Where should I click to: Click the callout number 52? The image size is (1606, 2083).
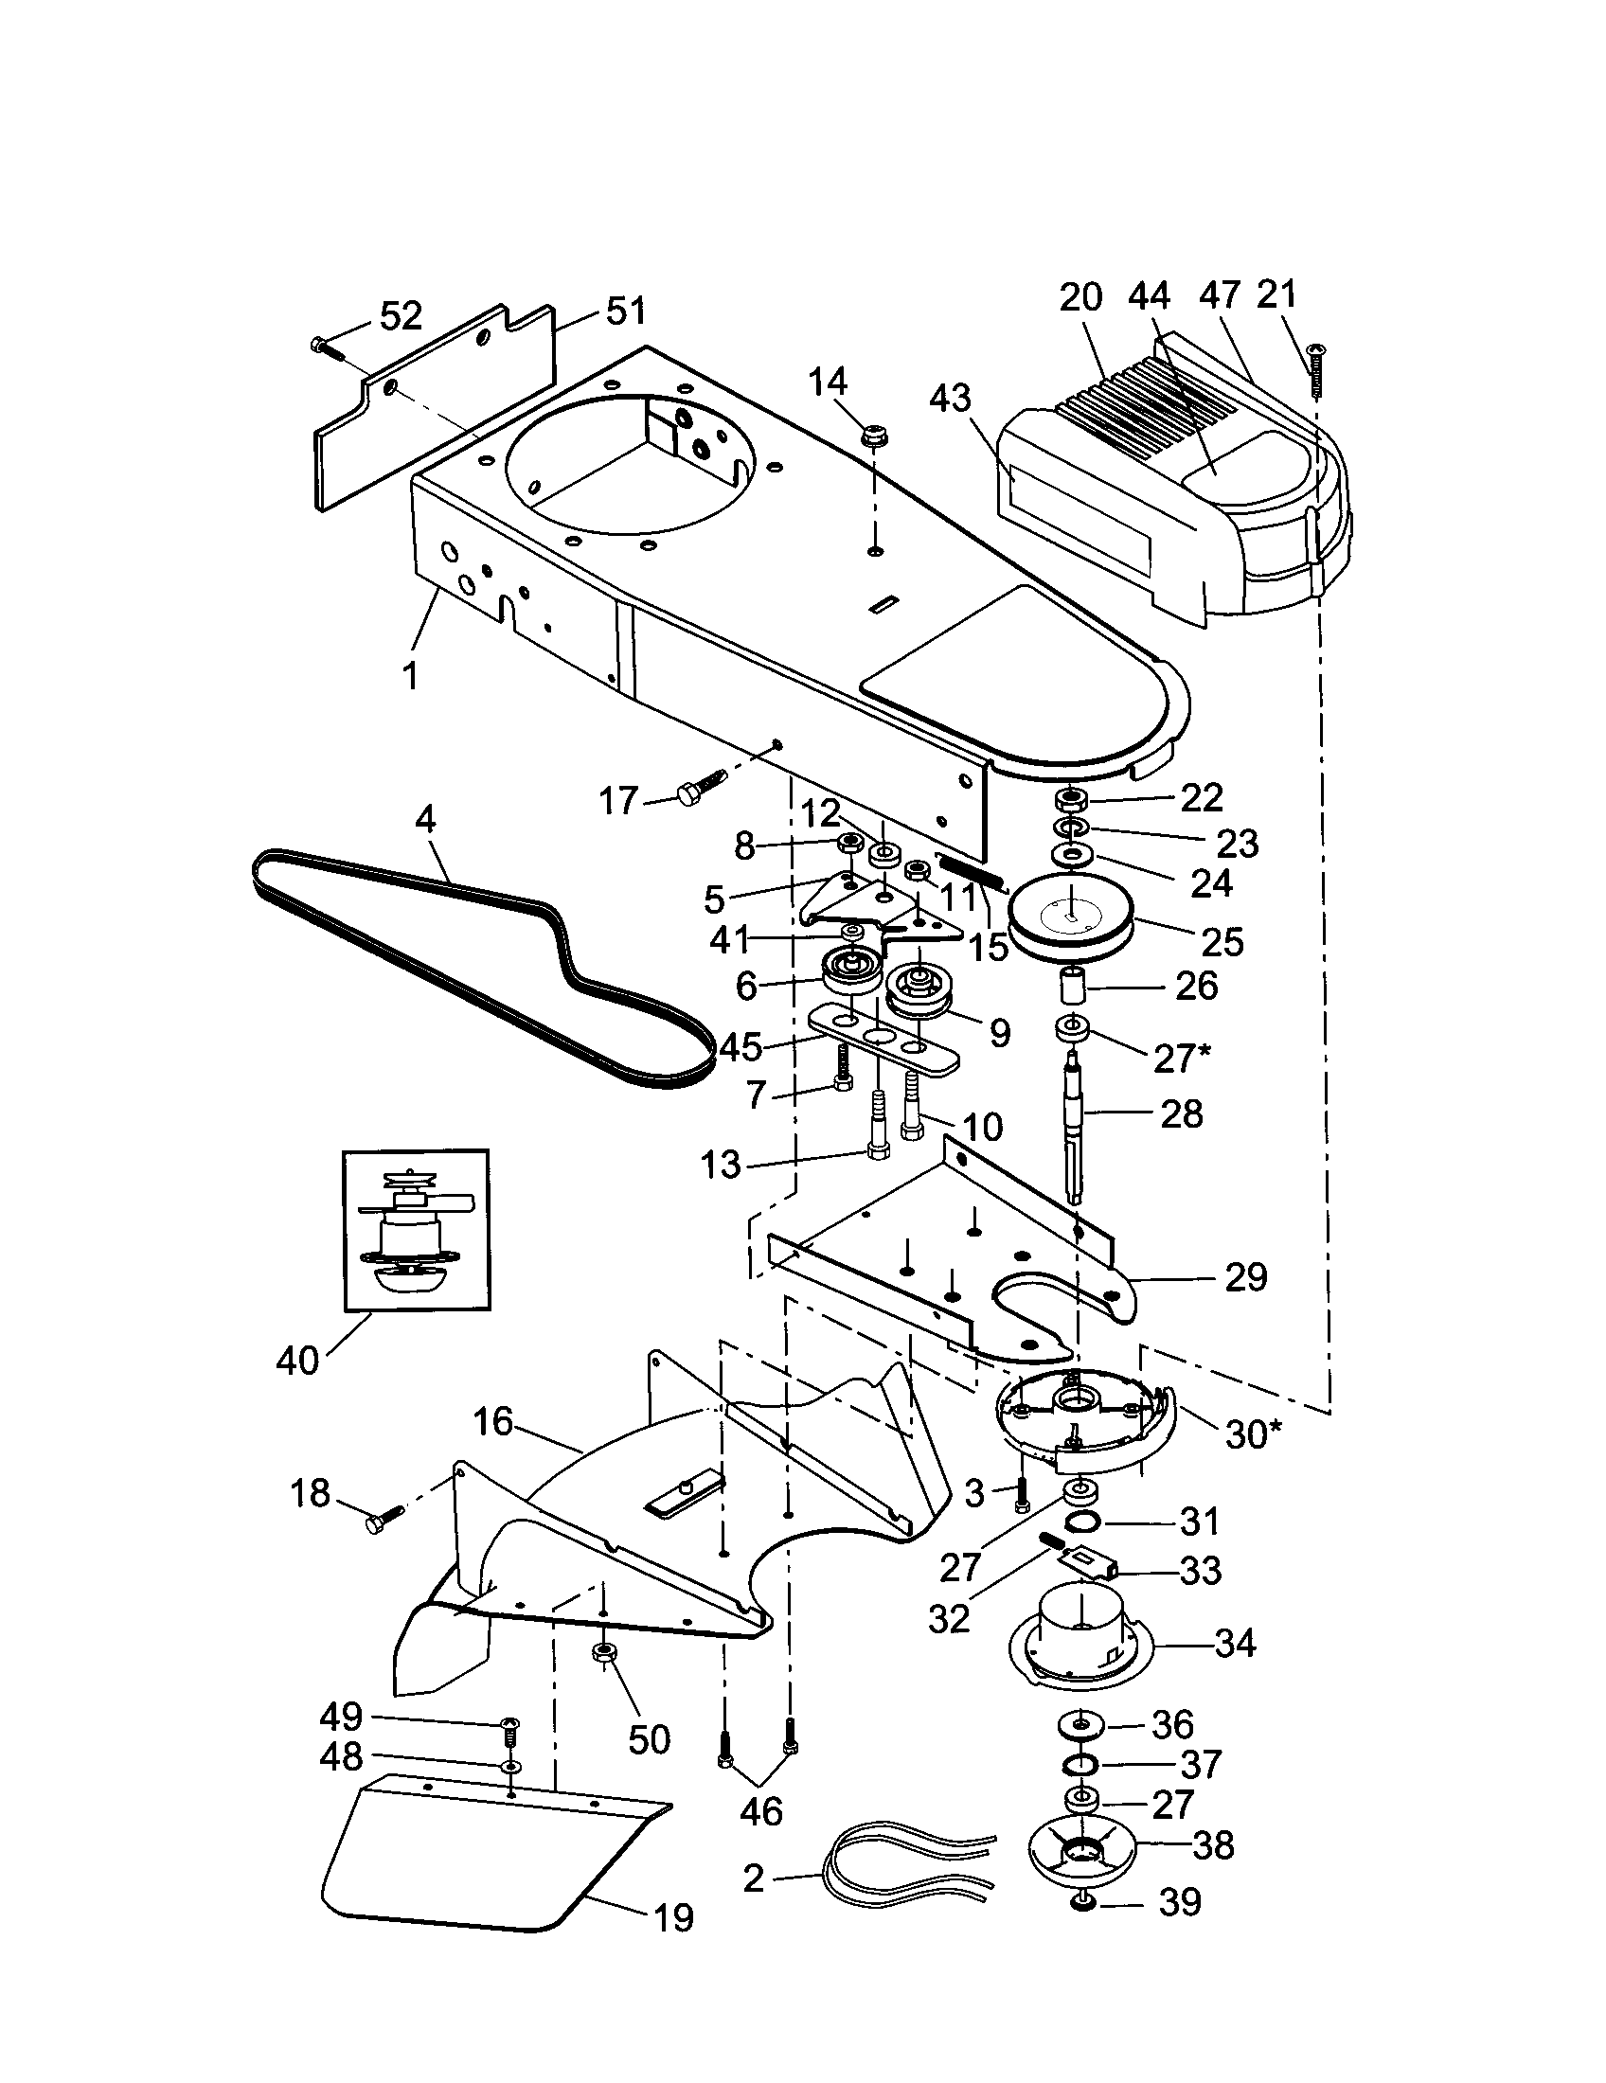coord(401,315)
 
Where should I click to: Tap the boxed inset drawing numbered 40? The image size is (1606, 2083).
coord(416,1230)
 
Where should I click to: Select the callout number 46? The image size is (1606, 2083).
coord(761,1810)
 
